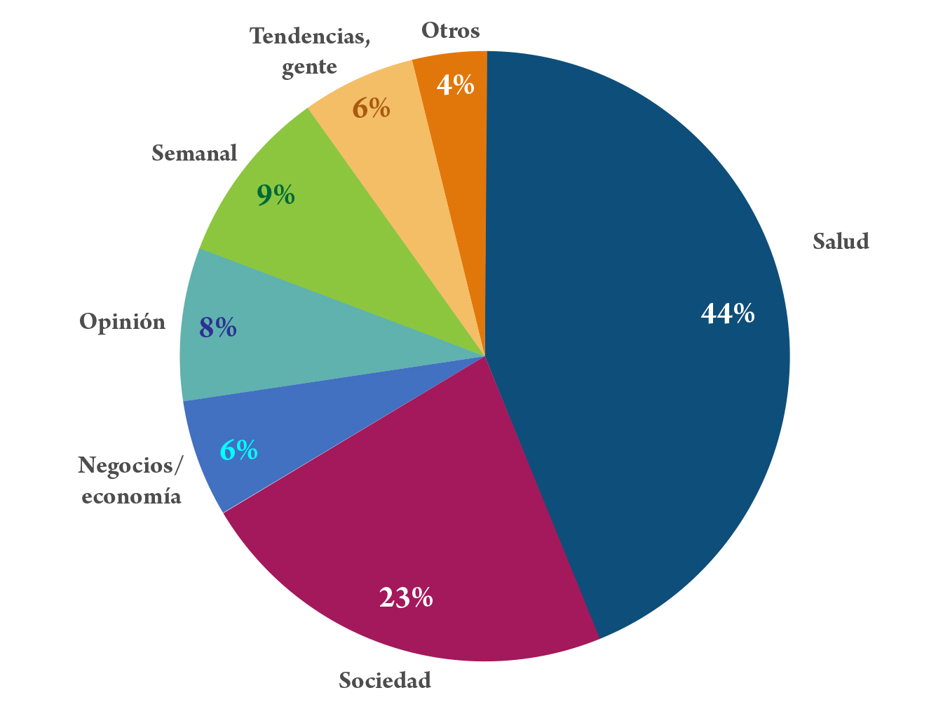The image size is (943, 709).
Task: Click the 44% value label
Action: [x=727, y=313]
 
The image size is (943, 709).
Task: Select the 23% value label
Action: [x=406, y=597]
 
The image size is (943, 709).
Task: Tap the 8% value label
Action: [x=217, y=328]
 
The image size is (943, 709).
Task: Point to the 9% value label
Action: [x=275, y=195]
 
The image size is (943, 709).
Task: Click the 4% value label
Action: [x=455, y=85]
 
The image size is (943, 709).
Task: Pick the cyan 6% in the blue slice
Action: [x=238, y=450]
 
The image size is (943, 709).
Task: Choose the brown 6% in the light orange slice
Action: [x=371, y=108]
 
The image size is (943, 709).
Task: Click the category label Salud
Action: [x=841, y=241]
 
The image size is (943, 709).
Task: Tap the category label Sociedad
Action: [x=384, y=680]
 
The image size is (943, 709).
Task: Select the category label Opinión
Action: [x=122, y=322]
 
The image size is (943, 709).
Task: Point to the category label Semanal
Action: [x=194, y=153]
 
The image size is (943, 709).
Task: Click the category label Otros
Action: [x=450, y=31]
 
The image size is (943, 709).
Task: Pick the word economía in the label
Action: [x=131, y=497]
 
